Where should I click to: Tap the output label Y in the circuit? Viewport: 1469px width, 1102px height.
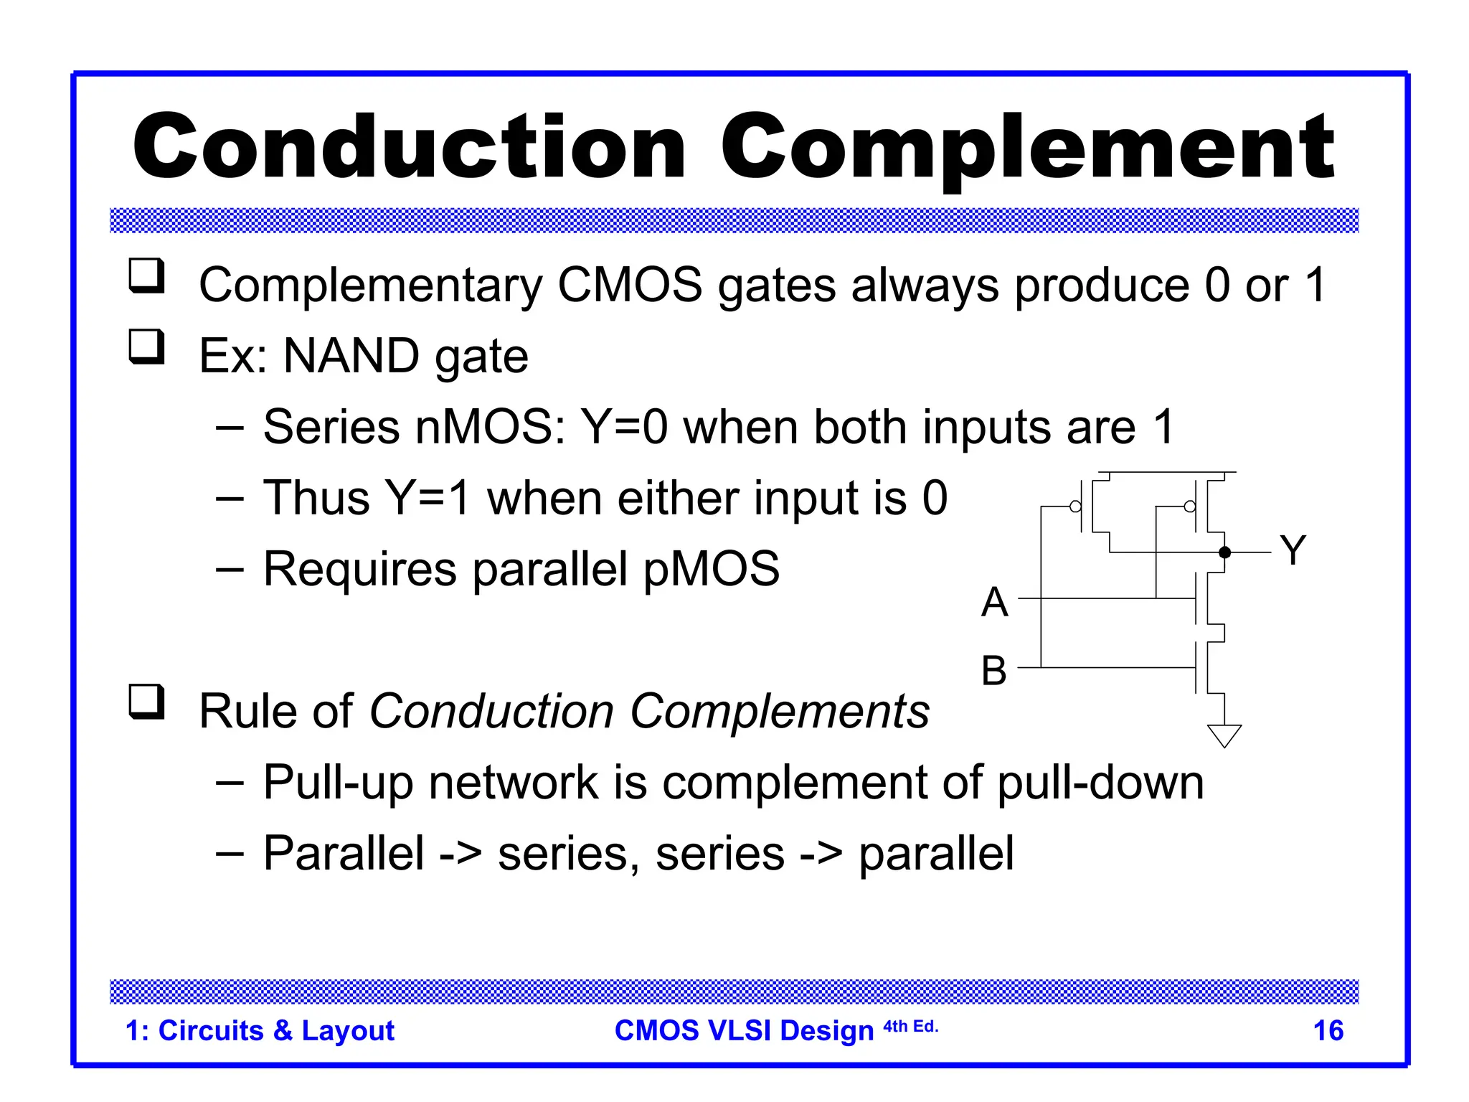[x=1293, y=550]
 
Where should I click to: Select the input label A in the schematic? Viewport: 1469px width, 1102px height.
[x=995, y=601]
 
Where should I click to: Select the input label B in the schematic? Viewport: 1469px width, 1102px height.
[x=994, y=671]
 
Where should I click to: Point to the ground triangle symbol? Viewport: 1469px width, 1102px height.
[x=1224, y=735]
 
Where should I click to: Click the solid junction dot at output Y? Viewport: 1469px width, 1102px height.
[x=1224, y=552]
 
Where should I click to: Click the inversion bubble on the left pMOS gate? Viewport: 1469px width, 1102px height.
[x=1075, y=507]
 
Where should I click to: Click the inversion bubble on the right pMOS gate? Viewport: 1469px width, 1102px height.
[x=1190, y=507]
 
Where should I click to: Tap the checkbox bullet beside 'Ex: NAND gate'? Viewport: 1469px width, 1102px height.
[x=146, y=347]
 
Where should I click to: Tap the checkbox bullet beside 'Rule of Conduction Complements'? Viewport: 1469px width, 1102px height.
[x=146, y=701]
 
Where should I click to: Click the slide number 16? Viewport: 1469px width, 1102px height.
[x=1328, y=1030]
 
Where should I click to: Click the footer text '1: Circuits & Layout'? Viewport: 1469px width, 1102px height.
[x=260, y=1030]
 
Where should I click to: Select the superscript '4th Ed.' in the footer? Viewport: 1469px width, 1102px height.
[x=910, y=1026]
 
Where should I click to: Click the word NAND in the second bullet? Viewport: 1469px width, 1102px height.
[x=351, y=356]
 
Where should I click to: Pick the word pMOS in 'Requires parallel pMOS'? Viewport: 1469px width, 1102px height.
[x=711, y=569]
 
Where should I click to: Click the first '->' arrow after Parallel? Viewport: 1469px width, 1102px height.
[x=460, y=854]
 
